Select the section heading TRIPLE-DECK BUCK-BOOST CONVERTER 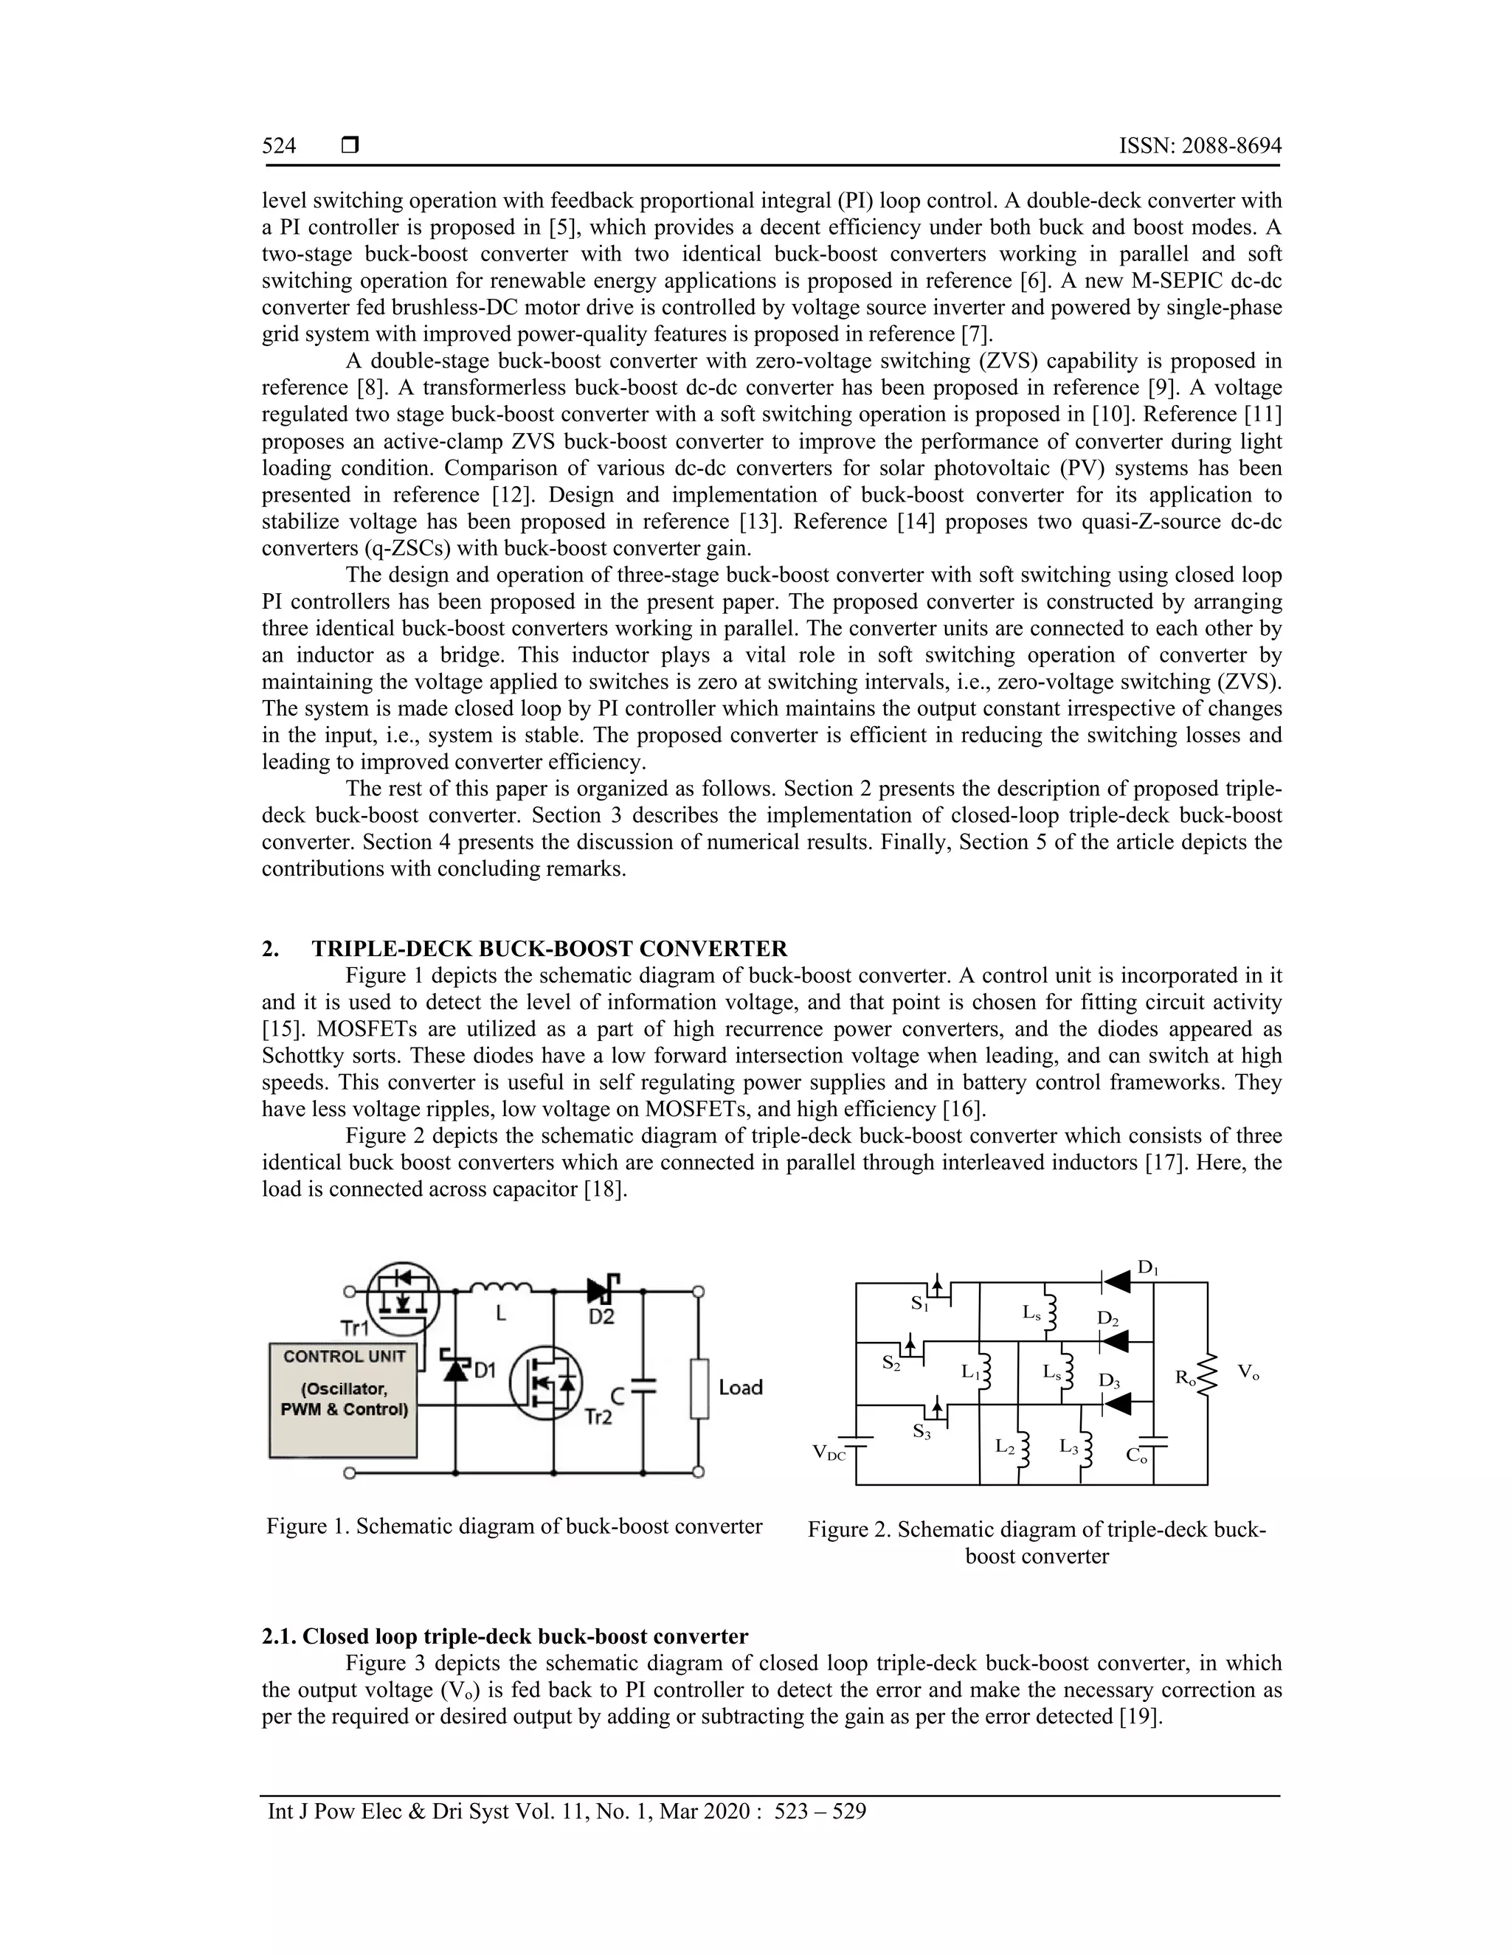[549, 949]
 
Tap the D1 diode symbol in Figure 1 [456, 1368]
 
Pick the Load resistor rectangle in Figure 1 [699, 1388]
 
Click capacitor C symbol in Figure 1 [643, 1385]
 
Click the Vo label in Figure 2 [1248, 1372]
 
